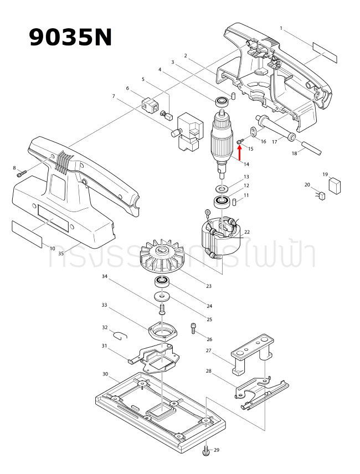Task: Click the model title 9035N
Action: point(70,37)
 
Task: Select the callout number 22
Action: point(247,232)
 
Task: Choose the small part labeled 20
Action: point(320,194)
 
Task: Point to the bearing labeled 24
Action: point(162,282)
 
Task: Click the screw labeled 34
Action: point(162,308)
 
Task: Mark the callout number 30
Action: point(105,374)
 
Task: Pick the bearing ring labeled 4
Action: point(223,101)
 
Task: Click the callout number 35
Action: point(61,254)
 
